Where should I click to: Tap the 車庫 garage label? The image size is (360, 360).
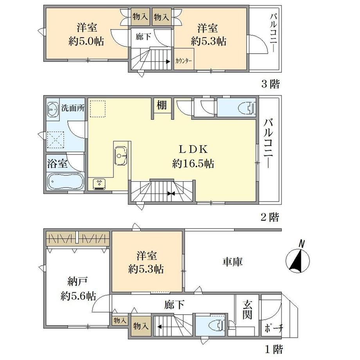click(232, 262)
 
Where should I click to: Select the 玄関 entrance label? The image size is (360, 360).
click(247, 310)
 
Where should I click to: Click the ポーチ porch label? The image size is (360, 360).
click(274, 328)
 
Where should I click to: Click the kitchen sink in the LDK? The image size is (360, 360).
click(121, 155)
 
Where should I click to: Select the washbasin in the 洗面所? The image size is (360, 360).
click(53, 110)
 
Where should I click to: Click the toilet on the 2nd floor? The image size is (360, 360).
click(247, 108)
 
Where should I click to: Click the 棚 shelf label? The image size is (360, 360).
click(162, 105)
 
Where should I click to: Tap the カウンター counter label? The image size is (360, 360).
click(184, 61)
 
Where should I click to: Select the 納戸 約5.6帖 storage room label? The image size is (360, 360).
click(78, 289)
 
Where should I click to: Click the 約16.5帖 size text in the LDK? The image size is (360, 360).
click(193, 164)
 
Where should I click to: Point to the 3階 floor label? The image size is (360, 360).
click(271, 84)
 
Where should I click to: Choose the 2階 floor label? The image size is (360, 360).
click(270, 217)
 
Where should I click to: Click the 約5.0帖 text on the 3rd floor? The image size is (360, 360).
click(86, 41)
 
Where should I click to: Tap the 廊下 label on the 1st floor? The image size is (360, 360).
click(174, 305)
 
